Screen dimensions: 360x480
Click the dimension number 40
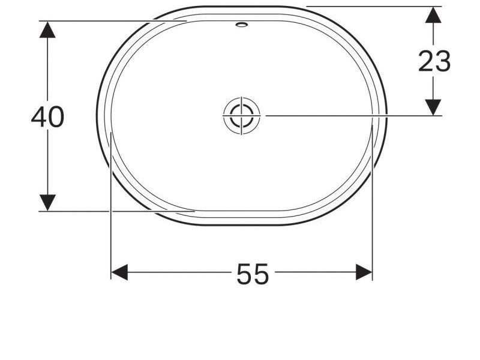click(x=47, y=117)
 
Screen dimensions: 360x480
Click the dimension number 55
click(x=253, y=275)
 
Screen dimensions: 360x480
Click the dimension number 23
click(x=434, y=61)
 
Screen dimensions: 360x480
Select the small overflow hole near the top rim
click(x=242, y=25)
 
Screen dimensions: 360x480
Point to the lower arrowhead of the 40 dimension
click(x=47, y=202)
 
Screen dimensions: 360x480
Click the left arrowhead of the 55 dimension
click(x=119, y=272)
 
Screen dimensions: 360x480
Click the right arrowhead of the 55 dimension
click(x=364, y=272)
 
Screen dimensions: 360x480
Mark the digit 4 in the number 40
click(x=39, y=117)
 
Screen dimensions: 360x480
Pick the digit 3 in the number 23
click(x=443, y=61)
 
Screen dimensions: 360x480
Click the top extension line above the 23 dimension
click(x=372, y=7)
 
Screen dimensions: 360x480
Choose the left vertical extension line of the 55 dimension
click(x=112, y=228)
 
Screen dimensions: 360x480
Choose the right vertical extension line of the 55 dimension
click(x=373, y=228)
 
